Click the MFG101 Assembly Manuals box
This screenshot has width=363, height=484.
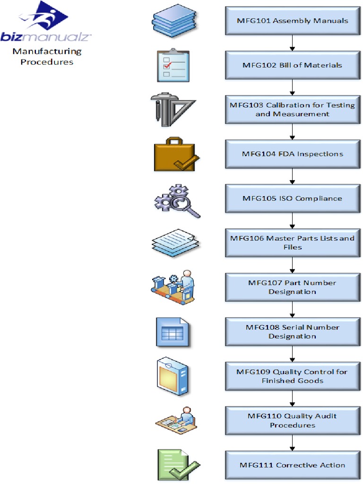[292, 21]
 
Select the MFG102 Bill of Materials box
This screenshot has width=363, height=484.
[292, 65]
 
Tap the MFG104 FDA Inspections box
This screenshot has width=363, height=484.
[292, 154]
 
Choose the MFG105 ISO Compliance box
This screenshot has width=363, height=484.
[292, 199]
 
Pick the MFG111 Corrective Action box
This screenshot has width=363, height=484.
[292, 465]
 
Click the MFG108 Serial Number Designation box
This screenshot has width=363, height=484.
[292, 332]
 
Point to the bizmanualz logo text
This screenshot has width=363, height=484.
[46, 37]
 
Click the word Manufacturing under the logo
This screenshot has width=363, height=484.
[47, 52]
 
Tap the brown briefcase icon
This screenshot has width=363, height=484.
[173, 154]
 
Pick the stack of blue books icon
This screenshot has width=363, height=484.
[174, 21]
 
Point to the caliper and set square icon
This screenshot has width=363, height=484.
[172, 109]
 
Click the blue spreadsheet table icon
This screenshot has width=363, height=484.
[172, 332]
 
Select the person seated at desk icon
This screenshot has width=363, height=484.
[175, 420]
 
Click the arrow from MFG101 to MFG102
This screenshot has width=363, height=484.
[292, 43]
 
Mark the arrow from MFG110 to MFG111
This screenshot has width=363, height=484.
[292, 443]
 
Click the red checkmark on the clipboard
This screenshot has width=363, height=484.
[167, 66]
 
